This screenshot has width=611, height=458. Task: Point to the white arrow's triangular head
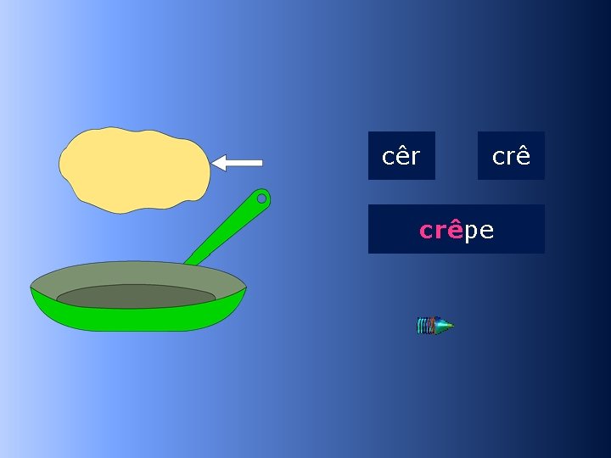[220, 162]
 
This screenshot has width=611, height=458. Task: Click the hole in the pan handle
[261, 198]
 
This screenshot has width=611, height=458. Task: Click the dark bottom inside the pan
[136, 296]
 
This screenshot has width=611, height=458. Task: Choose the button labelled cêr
[401, 155]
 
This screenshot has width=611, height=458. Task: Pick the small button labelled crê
[511, 155]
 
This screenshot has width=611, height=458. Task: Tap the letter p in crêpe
[470, 232]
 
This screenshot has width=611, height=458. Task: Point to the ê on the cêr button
[401, 156]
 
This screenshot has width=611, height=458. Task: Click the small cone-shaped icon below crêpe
[434, 326]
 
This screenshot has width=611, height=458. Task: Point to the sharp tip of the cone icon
[451, 326]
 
